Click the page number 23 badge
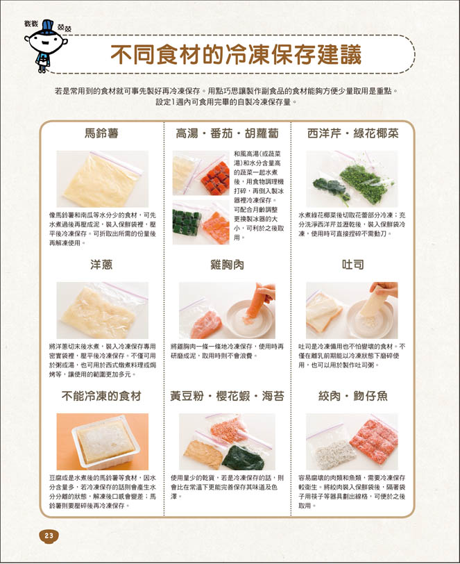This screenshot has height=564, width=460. coord(49,536)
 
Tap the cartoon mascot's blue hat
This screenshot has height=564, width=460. coord(47,28)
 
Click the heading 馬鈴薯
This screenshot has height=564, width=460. coord(102,133)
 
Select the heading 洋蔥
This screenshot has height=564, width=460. coord(102,265)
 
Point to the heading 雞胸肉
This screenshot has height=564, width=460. coord(227,265)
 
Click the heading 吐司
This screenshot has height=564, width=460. coord(353,265)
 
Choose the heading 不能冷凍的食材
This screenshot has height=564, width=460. coord(101,396)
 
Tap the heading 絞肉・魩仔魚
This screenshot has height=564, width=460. coord(353,396)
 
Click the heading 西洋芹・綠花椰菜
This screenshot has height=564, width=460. coord(353,133)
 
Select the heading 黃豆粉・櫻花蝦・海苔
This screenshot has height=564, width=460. coord(227,396)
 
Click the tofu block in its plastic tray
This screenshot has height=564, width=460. coord(105,442)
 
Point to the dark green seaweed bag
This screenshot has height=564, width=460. coord(244,457)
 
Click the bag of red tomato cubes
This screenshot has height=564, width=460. coord(214,177)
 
